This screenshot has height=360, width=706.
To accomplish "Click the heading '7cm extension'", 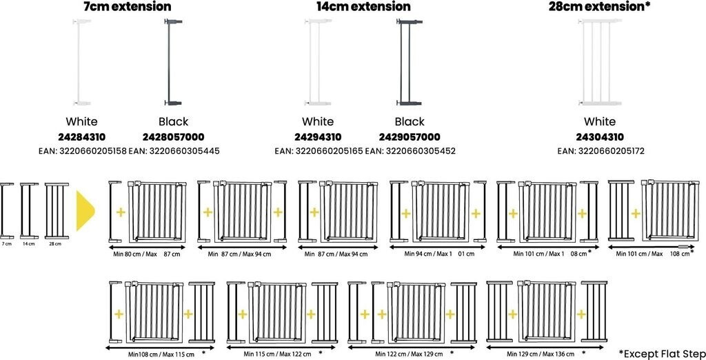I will pos(127,7).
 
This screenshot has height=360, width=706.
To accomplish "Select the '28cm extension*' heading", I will pos(598,7).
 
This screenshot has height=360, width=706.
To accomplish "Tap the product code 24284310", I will pos(82,137).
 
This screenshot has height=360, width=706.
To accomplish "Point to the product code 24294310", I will pos(318,137).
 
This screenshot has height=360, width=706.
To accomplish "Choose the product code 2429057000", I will pos(410,137).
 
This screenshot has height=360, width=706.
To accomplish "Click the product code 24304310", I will pos(599,137).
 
